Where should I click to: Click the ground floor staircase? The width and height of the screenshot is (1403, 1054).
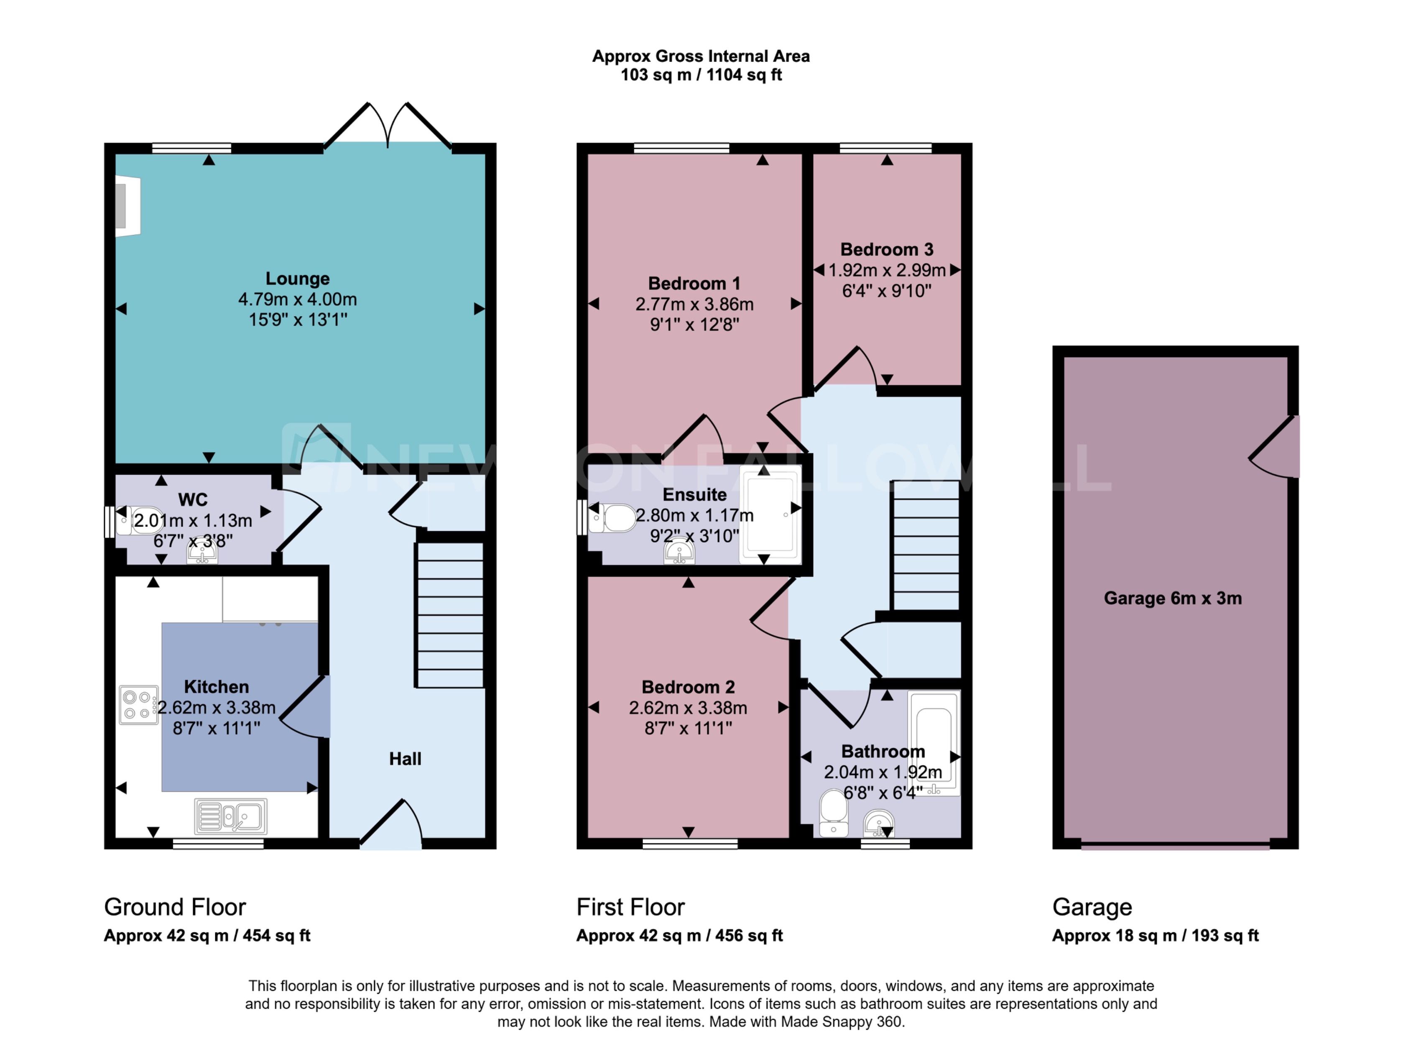[450, 615]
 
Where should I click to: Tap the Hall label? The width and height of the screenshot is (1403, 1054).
[405, 759]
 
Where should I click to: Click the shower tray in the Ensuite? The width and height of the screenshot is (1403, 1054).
[770, 515]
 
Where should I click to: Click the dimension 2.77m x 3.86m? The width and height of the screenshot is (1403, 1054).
[694, 304]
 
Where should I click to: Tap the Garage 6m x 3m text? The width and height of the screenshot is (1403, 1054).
[1172, 599]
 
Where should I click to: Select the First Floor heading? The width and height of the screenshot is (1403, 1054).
[630, 908]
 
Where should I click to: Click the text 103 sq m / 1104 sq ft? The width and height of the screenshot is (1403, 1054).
[700, 75]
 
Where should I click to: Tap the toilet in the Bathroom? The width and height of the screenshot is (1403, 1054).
[834, 813]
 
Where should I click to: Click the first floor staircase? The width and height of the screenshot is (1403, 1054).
[926, 545]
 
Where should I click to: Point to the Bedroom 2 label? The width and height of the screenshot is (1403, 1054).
[688, 687]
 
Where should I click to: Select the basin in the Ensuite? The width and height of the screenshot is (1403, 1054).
[679, 552]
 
